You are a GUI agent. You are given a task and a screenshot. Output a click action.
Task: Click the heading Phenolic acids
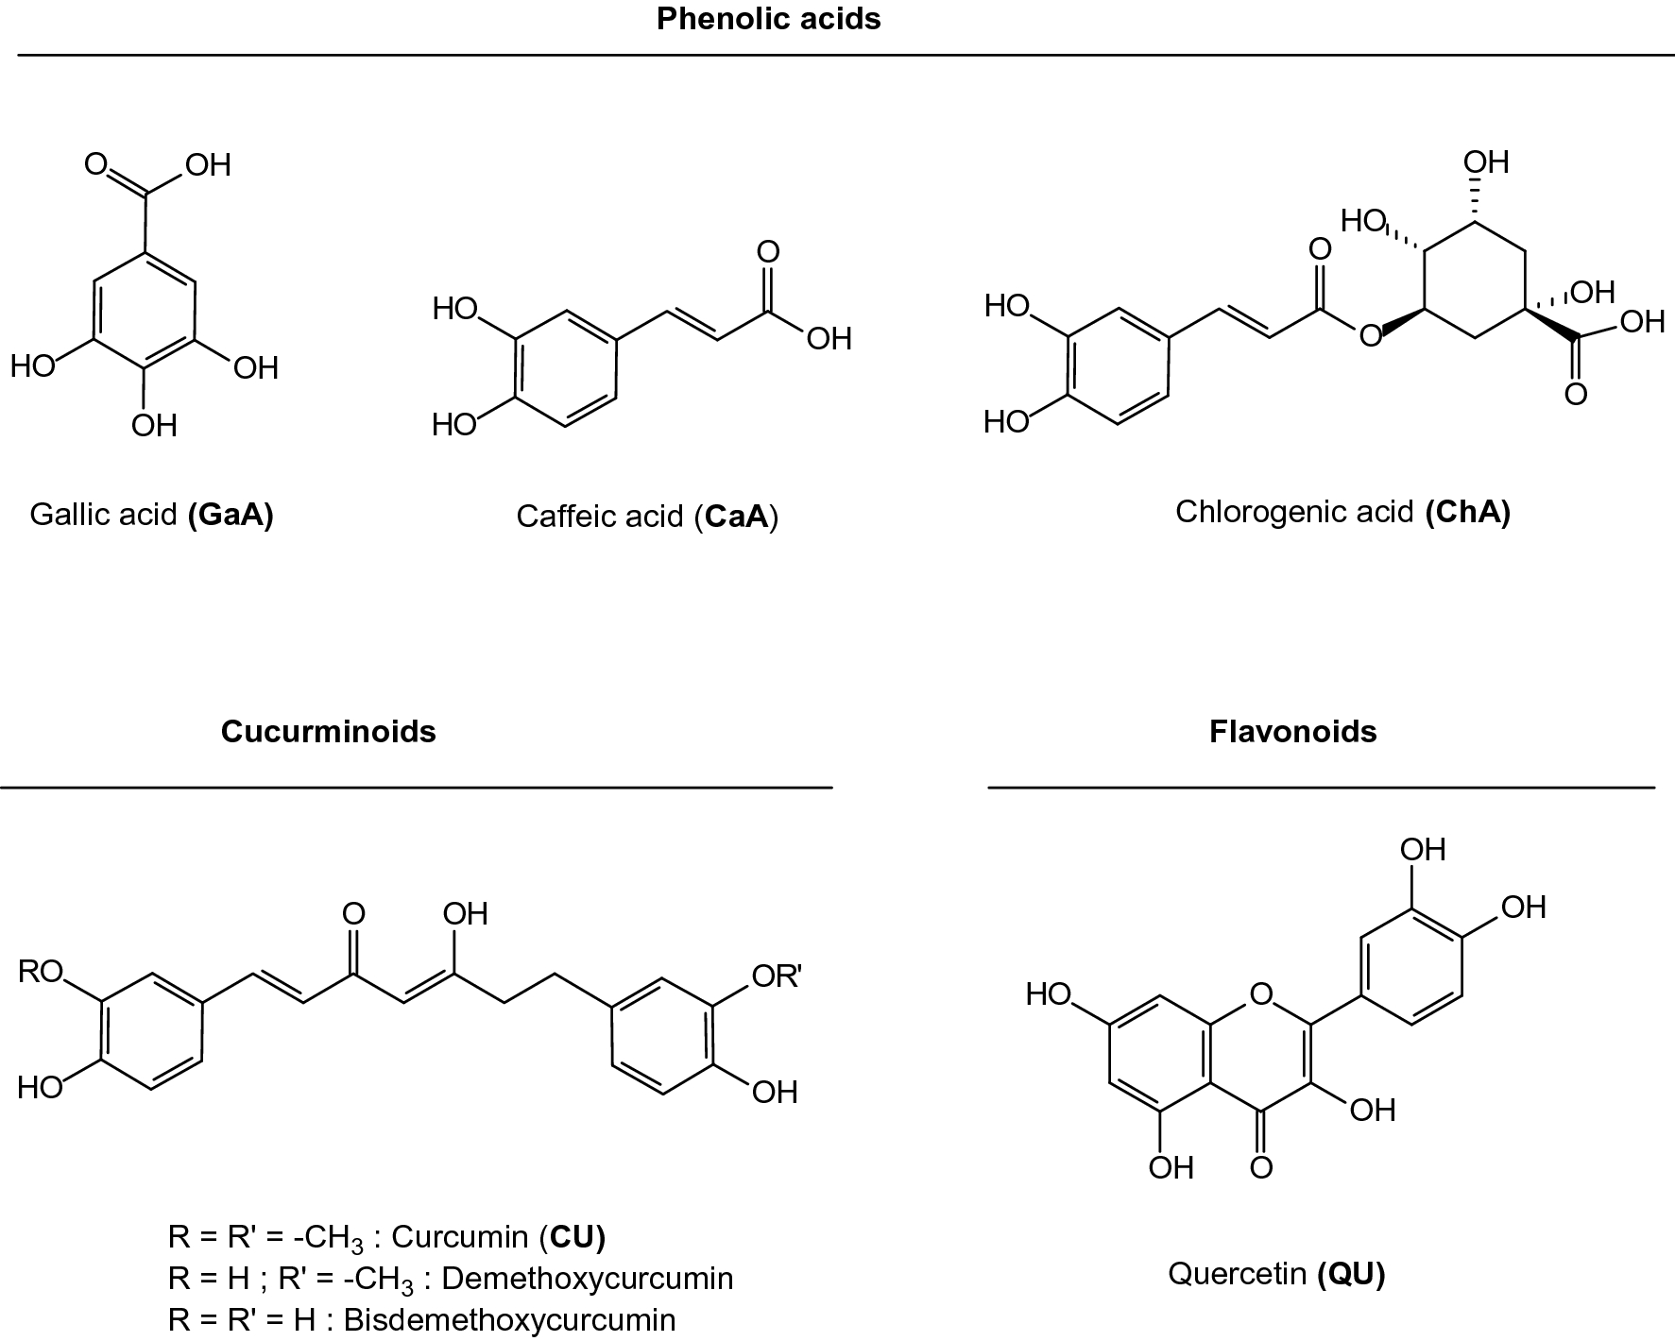(x=768, y=20)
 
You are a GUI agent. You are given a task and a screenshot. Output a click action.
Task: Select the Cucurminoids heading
(x=328, y=732)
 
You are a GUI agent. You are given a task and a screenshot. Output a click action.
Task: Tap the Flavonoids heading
(x=1292, y=732)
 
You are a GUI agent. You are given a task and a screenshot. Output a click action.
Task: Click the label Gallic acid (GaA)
(x=151, y=515)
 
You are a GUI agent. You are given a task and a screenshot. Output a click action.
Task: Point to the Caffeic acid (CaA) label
(x=647, y=517)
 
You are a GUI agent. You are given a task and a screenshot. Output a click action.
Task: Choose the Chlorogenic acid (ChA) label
(x=1342, y=512)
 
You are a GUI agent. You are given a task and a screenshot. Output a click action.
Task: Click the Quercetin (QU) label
(x=1276, y=1274)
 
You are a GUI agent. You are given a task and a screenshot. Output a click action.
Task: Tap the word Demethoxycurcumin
(x=587, y=1279)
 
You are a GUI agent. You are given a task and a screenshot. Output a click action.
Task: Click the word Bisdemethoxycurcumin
(x=509, y=1320)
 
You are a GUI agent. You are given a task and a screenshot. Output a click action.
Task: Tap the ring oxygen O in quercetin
(x=1259, y=993)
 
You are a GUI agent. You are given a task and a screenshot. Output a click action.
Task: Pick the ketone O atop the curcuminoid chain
(x=352, y=914)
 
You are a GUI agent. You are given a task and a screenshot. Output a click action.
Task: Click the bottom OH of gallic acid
(x=154, y=426)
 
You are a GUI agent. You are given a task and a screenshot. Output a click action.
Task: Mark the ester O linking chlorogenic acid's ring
(x=1369, y=334)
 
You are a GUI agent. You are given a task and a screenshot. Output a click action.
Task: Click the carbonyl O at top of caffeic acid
(x=768, y=252)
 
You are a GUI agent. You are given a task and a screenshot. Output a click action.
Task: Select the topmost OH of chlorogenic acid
(x=1486, y=162)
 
